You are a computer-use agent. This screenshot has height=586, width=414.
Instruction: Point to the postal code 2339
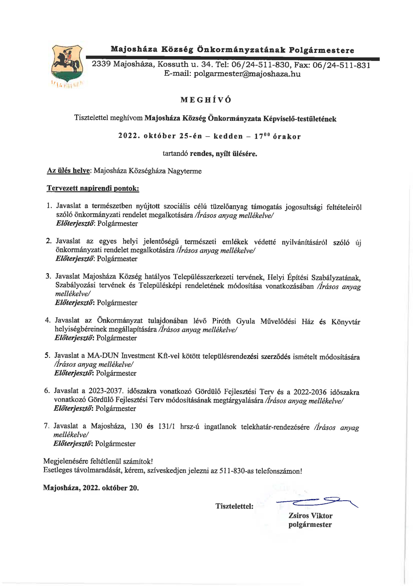point(101,64)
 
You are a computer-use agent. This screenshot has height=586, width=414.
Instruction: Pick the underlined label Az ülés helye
point(68,171)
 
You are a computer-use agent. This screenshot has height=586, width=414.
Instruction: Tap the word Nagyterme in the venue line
point(184,171)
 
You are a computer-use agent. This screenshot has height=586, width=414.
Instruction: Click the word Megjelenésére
point(66,461)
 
